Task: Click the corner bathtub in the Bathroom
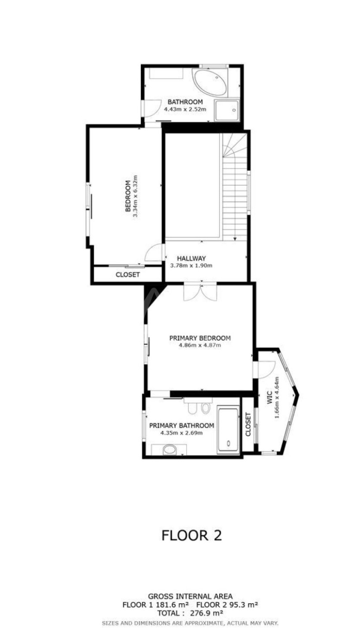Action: pos(210,82)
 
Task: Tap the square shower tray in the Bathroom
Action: pos(227,110)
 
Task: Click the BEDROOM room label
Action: pos(127,196)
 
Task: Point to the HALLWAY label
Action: pos(191,258)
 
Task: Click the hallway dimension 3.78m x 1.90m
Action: pos(191,265)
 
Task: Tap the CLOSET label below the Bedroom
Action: pos(127,274)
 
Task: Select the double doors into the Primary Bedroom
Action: pos(200,292)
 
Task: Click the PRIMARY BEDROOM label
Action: pos(200,338)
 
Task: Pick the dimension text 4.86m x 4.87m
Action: pos(200,345)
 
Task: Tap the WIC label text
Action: pos(270,397)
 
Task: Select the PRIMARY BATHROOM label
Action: pos(182,426)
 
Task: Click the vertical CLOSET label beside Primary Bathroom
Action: pos(248,424)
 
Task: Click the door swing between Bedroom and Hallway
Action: pos(154,252)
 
